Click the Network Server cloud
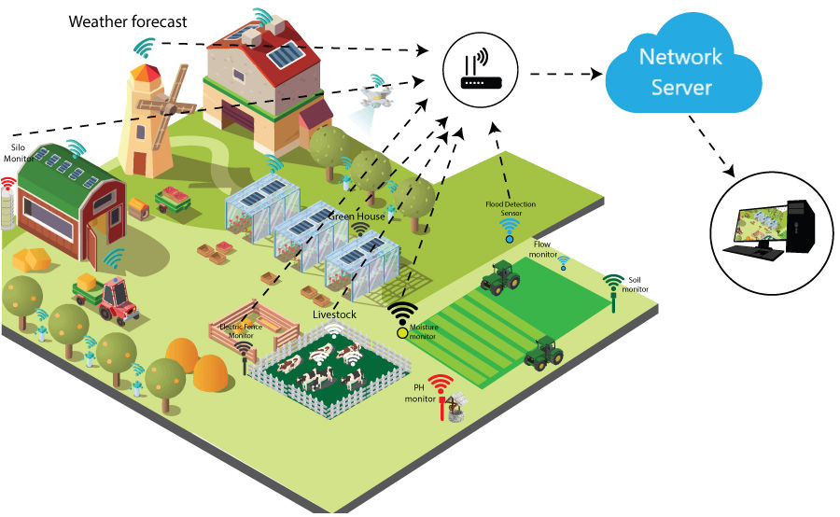coord(679,73)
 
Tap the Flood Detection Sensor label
coord(510,207)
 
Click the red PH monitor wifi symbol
coord(440,384)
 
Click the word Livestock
coord(336,315)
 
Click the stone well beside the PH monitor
coord(455,410)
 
